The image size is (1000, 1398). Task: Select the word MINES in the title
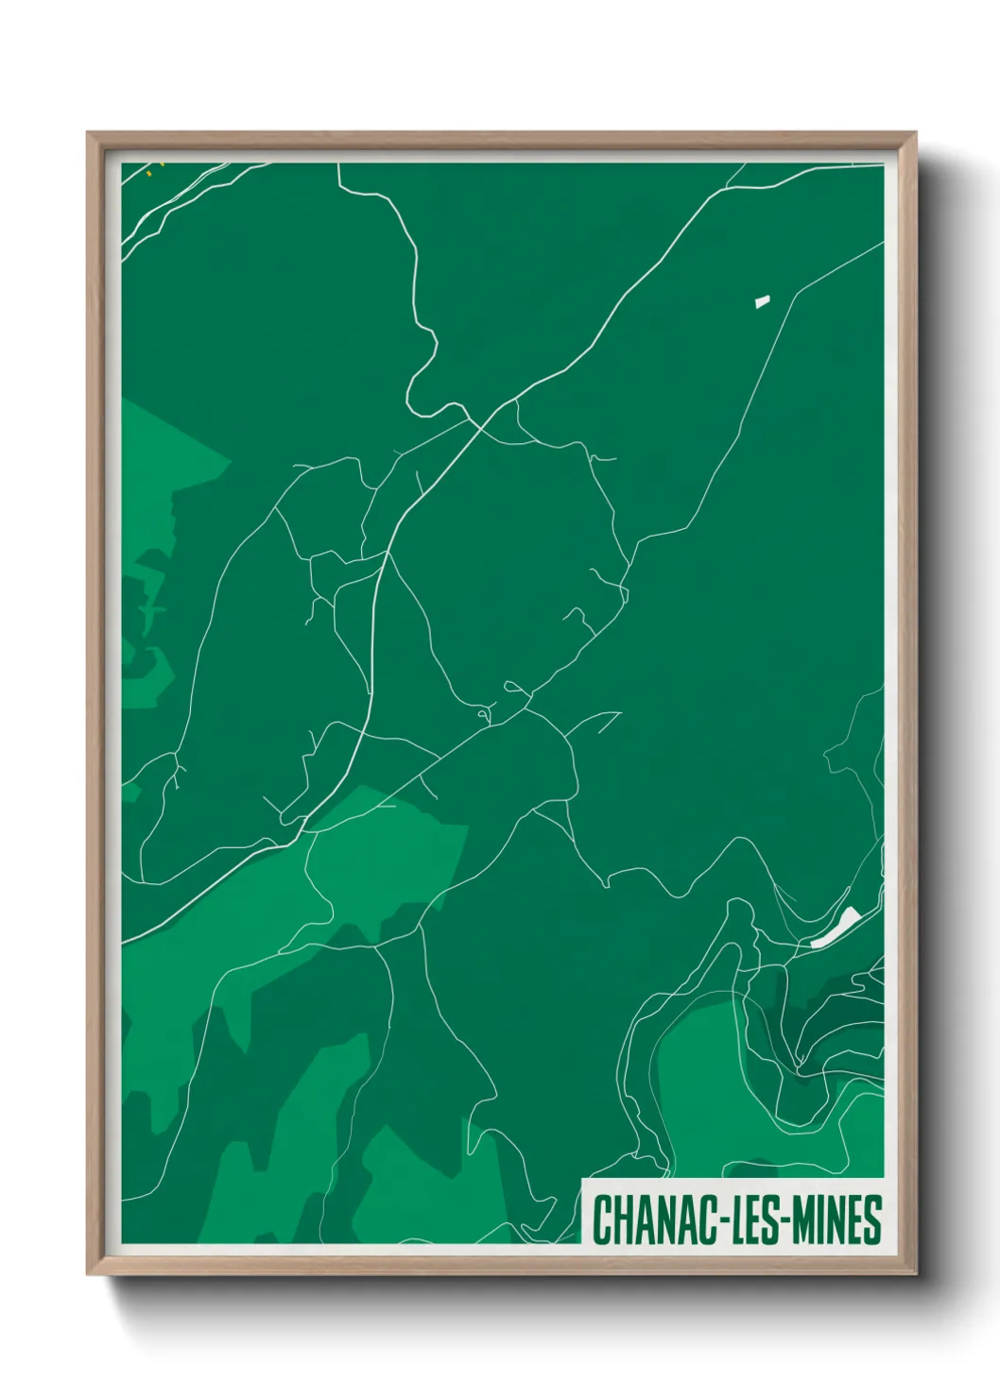(x=837, y=1219)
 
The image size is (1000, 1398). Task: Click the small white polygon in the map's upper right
(x=762, y=302)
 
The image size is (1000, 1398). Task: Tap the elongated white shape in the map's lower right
(x=834, y=928)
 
